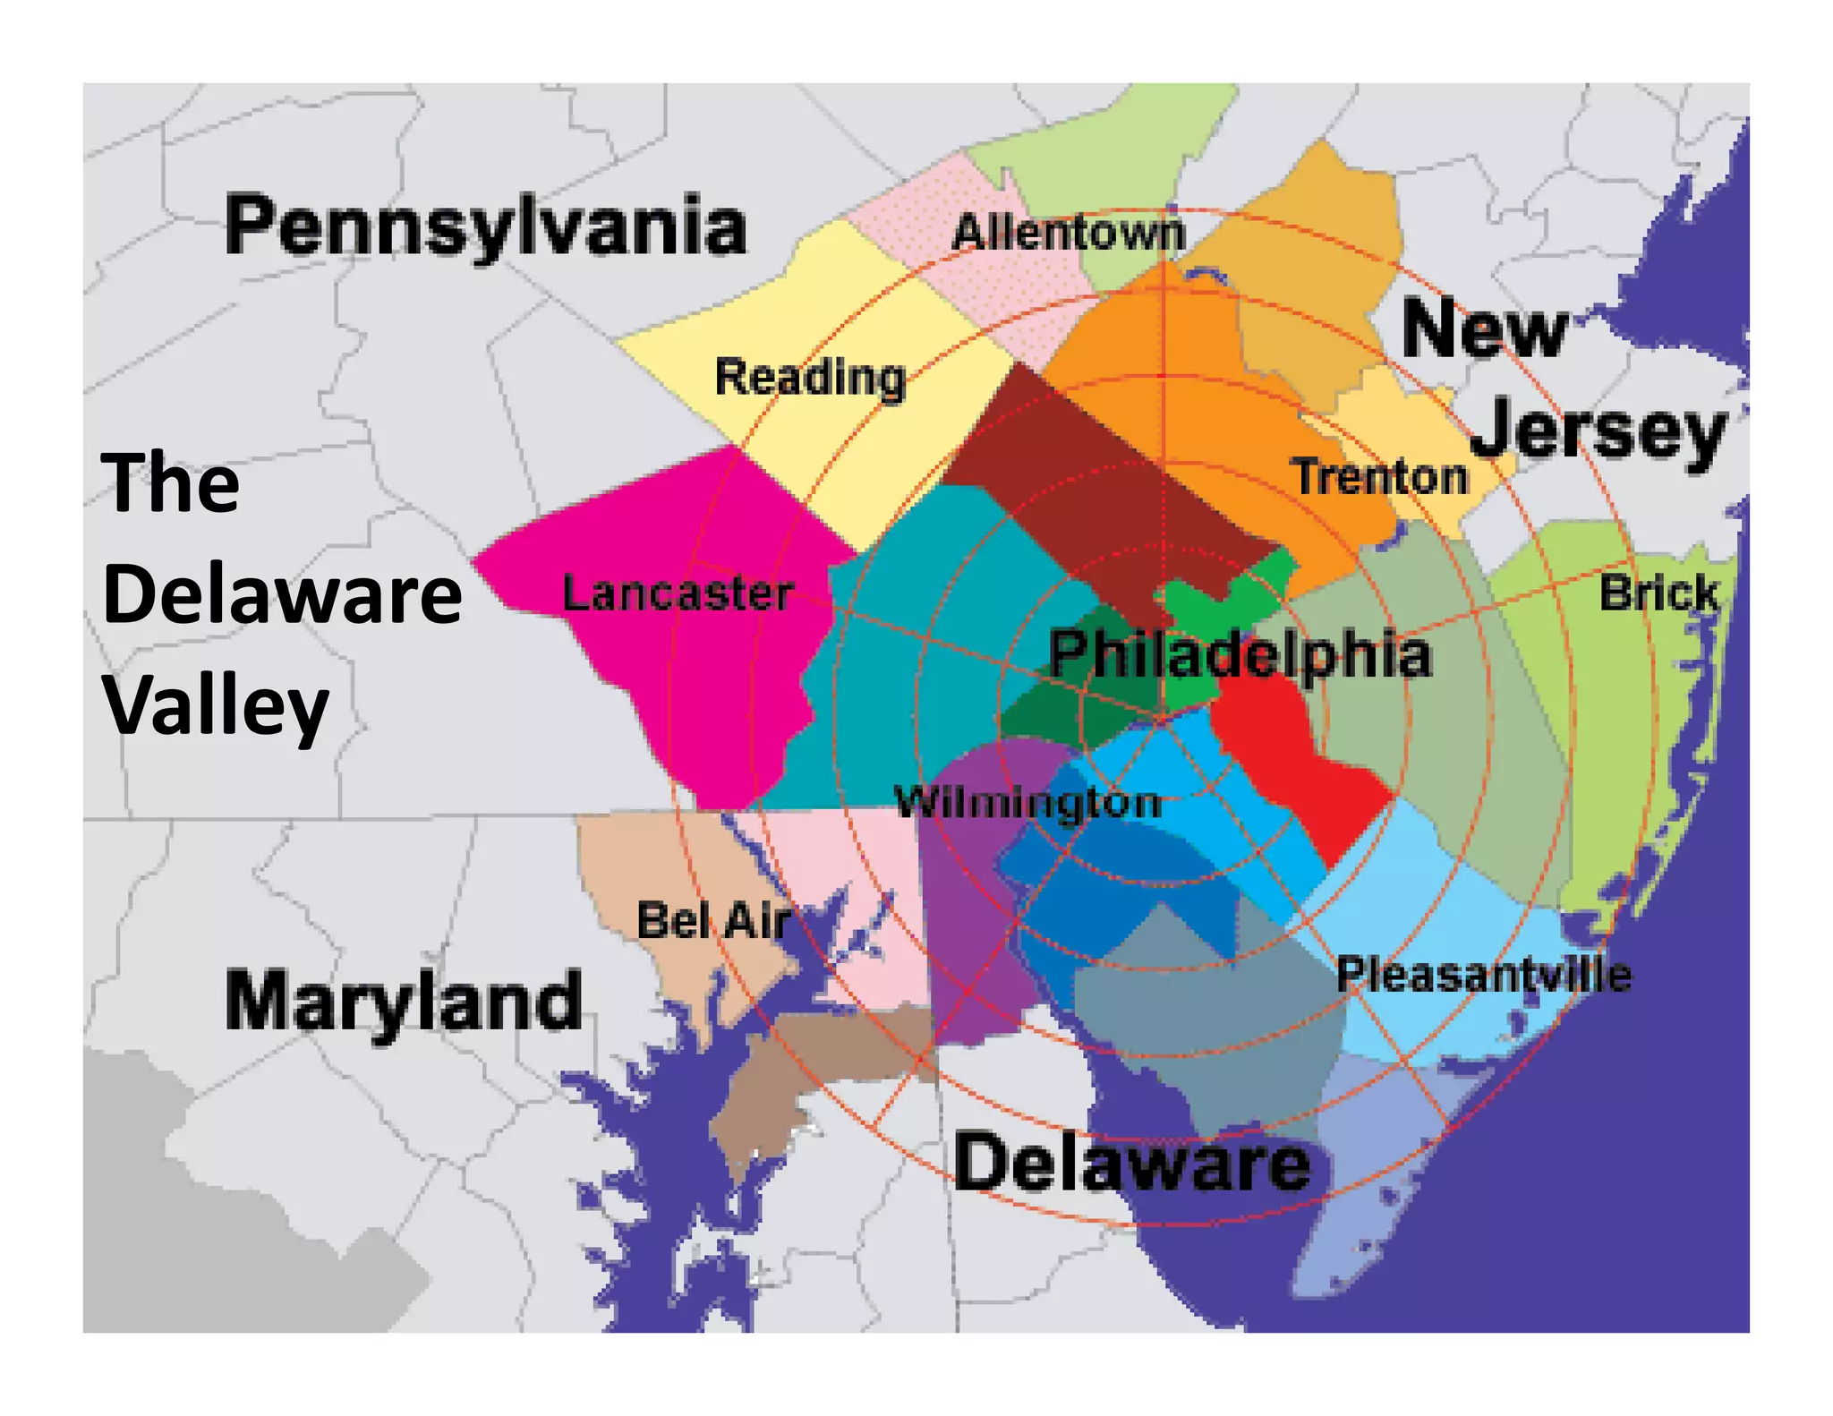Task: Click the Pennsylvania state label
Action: point(485,226)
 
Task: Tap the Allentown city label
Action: point(1068,234)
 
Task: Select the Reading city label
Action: point(810,378)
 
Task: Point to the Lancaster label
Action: point(678,593)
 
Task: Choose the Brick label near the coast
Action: point(1658,593)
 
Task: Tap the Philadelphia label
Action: point(1240,654)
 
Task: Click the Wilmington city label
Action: point(1027,802)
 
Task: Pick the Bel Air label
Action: point(713,920)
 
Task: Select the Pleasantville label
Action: point(1483,975)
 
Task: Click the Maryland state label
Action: point(403,1001)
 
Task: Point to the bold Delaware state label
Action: point(1132,1163)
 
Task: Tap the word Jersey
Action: point(1598,431)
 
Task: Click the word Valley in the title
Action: point(217,707)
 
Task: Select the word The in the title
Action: point(171,483)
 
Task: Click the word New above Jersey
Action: point(1484,329)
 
